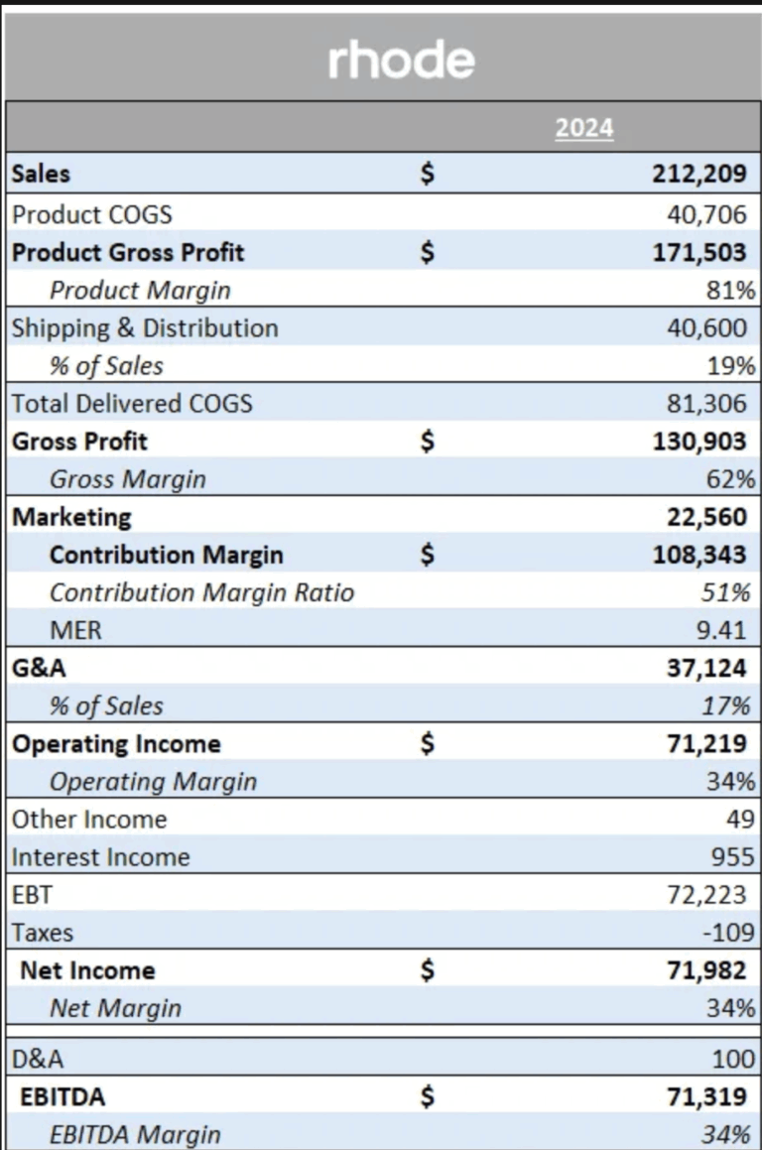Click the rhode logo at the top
(x=401, y=62)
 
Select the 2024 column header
(x=583, y=129)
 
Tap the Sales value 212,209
(x=698, y=175)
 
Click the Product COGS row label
(x=91, y=213)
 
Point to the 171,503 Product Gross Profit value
(x=698, y=252)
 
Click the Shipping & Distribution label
(x=145, y=328)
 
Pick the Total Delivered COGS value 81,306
(x=705, y=404)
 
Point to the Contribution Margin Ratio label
(x=201, y=593)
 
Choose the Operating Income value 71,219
(x=705, y=744)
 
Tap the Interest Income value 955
(x=734, y=857)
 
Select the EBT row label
(x=31, y=895)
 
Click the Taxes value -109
(x=729, y=933)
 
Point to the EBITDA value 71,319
(x=705, y=1097)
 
